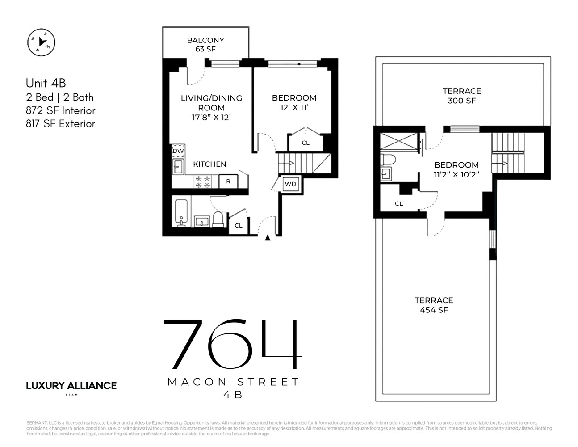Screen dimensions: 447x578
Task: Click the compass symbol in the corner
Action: pos(41,42)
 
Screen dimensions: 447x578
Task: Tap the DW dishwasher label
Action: pos(178,151)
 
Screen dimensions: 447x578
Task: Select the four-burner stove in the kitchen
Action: pos(203,181)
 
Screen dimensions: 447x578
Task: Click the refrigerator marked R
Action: pos(228,181)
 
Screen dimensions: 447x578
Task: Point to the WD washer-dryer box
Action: pos(290,184)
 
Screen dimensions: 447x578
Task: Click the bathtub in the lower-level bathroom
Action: pos(181,214)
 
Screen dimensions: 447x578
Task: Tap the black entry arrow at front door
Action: pos(268,238)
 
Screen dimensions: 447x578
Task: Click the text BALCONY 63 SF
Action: pos(205,45)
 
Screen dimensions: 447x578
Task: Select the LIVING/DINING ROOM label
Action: pos(211,103)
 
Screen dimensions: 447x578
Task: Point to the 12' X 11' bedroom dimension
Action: pos(294,108)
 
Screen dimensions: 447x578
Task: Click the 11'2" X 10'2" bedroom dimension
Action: pos(456,175)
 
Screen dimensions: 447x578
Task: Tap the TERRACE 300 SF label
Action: pos(461,96)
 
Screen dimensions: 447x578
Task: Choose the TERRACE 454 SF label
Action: pos(434,305)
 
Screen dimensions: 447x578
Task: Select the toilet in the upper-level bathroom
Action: pos(388,160)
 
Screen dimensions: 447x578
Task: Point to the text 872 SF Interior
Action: pos(61,110)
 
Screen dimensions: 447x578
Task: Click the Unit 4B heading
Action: pos(46,83)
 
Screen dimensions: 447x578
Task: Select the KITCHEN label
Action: pos(209,164)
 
